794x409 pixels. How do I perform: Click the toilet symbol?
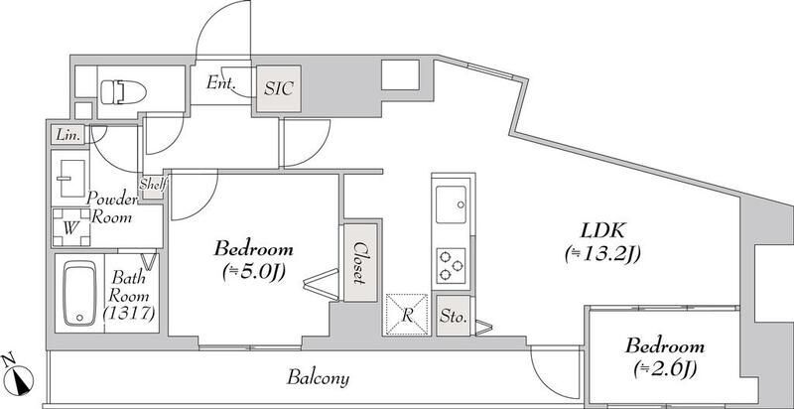point(123,92)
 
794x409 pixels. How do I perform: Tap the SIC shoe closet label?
point(279,89)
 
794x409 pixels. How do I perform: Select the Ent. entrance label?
point(220,82)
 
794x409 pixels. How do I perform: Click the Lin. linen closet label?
point(67,135)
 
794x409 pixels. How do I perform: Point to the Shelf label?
point(153,184)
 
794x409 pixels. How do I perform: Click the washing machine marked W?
point(71,227)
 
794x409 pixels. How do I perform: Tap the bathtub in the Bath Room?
point(80,293)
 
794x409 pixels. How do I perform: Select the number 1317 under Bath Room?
point(129,315)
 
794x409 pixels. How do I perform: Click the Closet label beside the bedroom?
point(360,262)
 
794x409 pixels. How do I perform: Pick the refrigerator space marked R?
point(407,315)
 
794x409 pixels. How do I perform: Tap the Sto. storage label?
point(453,318)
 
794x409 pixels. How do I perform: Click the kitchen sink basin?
point(451,204)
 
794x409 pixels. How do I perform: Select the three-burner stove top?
point(451,266)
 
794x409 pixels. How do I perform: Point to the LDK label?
point(602,231)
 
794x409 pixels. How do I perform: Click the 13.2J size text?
point(602,254)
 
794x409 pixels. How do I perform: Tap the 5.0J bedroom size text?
point(254,272)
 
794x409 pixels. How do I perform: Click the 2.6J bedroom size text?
point(665,370)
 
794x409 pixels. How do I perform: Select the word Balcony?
point(318,377)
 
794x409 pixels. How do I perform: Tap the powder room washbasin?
point(70,178)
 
